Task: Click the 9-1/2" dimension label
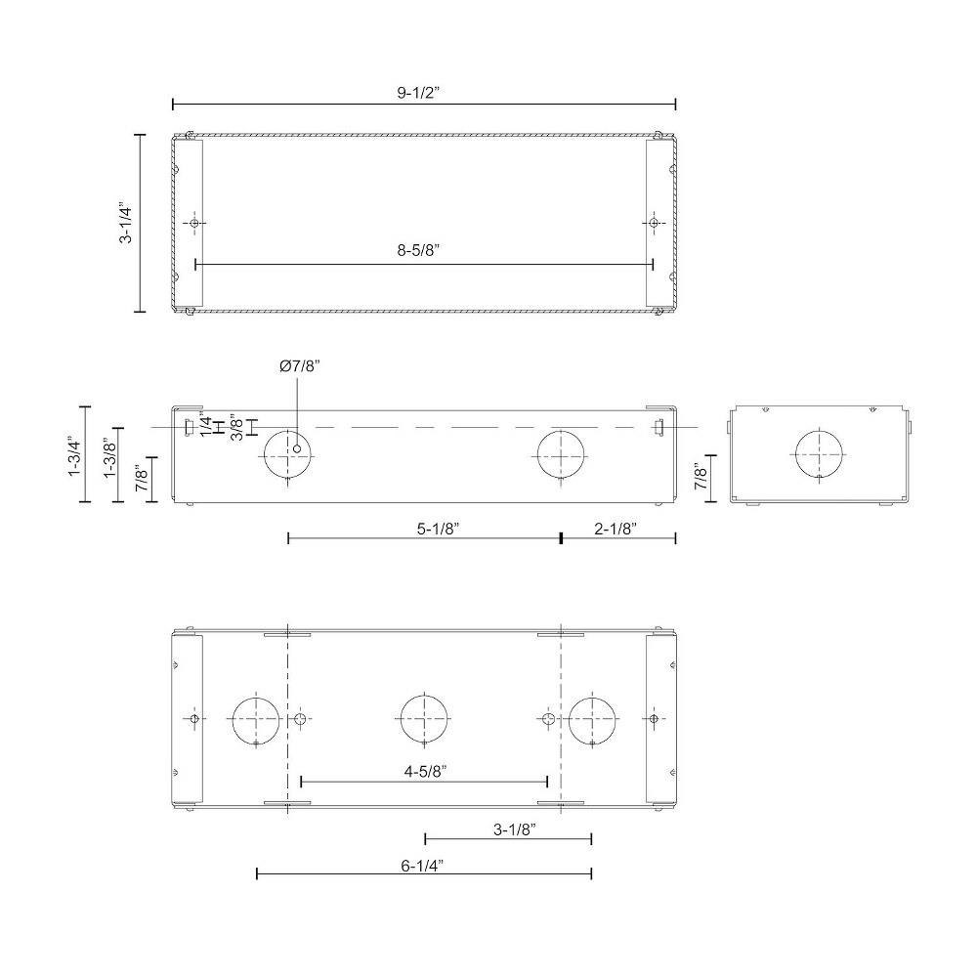[419, 93]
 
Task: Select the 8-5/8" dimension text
[419, 250]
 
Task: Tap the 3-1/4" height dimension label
[126, 222]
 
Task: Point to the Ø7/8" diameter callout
[300, 366]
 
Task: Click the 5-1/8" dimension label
[438, 529]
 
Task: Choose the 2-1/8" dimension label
[616, 529]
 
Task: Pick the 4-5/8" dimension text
[426, 772]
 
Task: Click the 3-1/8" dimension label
[515, 829]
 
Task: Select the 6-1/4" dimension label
[422, 866]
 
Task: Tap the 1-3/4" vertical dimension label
[75, 456]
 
